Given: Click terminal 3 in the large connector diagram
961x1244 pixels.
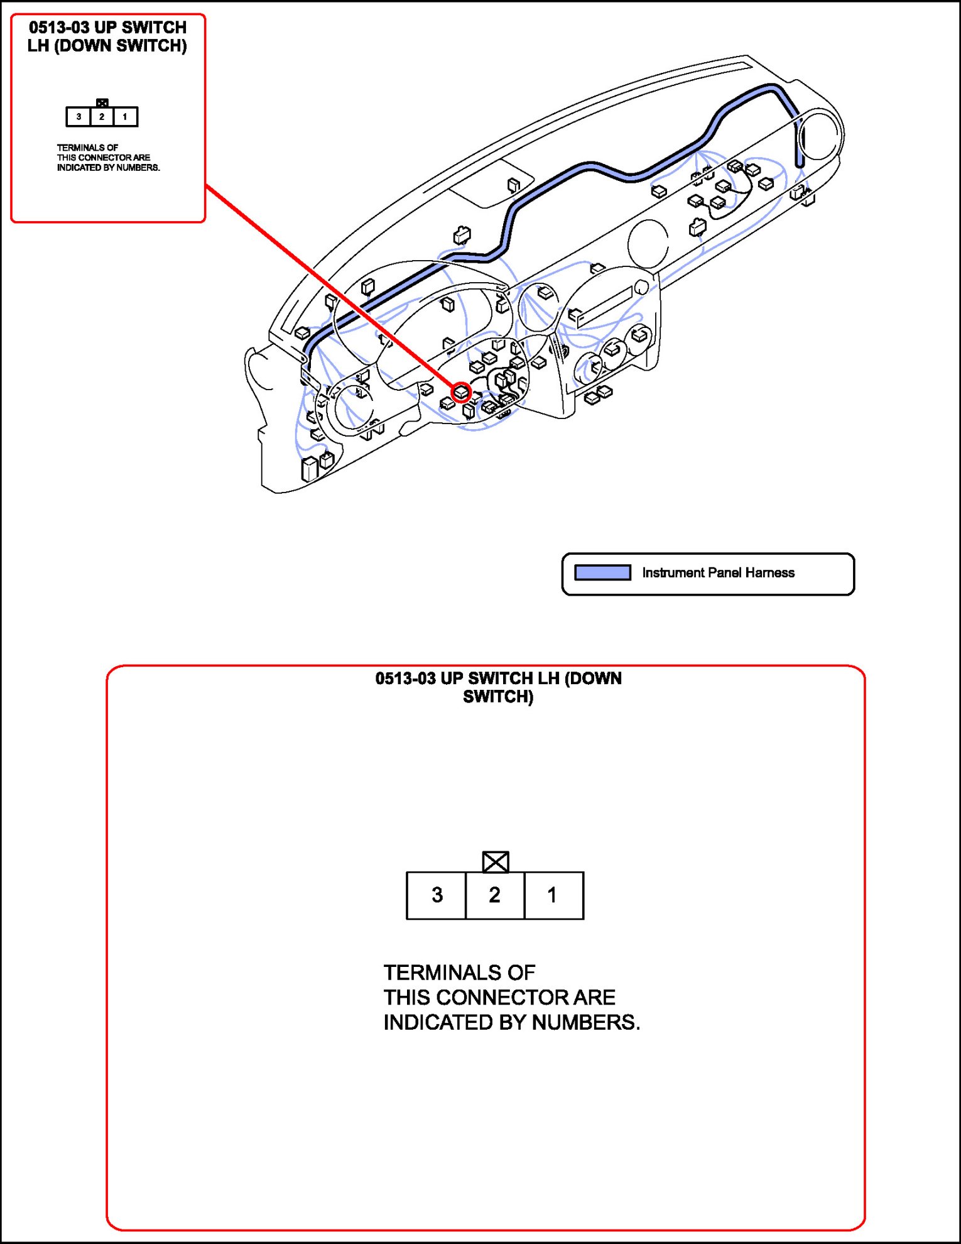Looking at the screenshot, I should tap(437, 895).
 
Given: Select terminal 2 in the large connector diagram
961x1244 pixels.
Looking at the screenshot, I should tap(495, 895).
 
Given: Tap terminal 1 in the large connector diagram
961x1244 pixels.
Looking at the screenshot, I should tap(553, 895).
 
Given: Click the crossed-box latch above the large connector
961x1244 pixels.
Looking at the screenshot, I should tap(496, 861).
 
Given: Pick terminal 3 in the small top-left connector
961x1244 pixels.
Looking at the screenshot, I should tap(79, 117).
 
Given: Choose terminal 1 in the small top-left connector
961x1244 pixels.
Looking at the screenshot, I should tap(125, 117).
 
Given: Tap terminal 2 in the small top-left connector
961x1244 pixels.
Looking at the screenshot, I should tap(102, 117).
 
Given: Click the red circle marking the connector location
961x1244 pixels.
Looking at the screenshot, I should tap(462, 393).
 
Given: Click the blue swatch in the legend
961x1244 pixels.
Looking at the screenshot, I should tap(602, 572).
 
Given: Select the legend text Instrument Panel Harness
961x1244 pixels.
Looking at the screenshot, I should tap(718, 572).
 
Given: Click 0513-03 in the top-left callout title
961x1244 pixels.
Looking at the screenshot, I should tap(59, 28).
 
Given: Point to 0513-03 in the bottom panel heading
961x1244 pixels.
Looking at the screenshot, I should tap(405, 679).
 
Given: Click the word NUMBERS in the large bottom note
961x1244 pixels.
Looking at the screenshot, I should tap(585, 1022).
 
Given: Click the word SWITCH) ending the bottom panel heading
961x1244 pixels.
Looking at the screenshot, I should tap(498, 697).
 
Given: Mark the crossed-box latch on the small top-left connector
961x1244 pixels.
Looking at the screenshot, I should tap(102, 102).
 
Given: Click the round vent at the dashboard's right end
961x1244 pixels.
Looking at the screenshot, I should tap(820, 134).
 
